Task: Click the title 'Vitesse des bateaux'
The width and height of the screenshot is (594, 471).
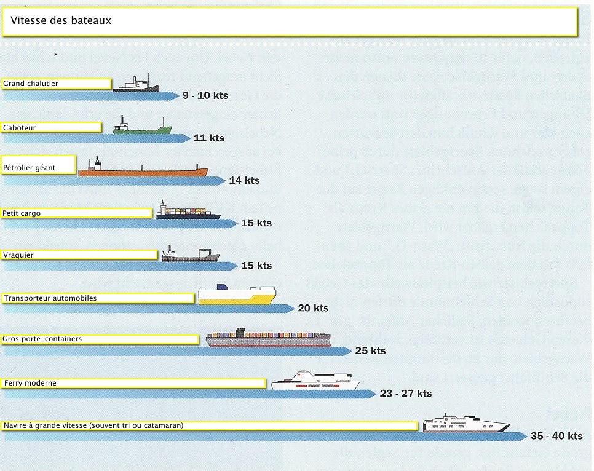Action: coord(60,20)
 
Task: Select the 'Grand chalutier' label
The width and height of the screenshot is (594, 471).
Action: coord(31,84)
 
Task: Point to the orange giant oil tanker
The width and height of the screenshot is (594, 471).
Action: coord(143,169)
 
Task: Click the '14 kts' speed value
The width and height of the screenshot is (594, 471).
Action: coord(244,181)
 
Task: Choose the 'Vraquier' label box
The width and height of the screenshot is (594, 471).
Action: coord(19,255)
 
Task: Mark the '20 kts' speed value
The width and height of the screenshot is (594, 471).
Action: coord(313,308)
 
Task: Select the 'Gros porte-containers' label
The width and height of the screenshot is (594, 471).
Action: coord(42,339)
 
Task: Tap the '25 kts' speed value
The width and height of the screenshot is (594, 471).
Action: coord(370,351)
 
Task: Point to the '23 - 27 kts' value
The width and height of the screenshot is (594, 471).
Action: coord(406,394)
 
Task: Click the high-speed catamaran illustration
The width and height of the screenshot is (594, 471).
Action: coord(465,424)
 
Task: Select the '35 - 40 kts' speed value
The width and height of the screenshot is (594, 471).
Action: coord(556,437)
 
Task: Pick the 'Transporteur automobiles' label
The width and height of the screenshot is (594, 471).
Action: coord(50,298)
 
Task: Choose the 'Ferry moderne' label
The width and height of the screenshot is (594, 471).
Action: coord(30,383)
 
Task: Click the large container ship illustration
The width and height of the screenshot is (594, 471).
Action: coord(268,339)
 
